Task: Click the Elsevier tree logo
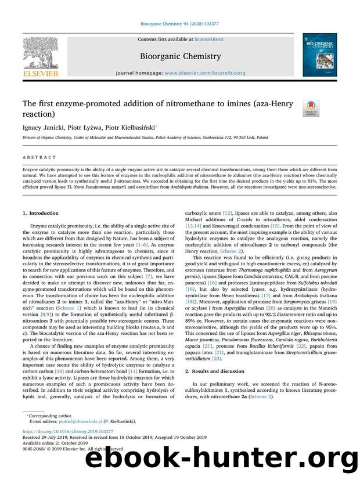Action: (41, 54)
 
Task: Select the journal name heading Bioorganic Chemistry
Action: (179, 56)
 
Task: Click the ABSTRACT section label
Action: (40, 157)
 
